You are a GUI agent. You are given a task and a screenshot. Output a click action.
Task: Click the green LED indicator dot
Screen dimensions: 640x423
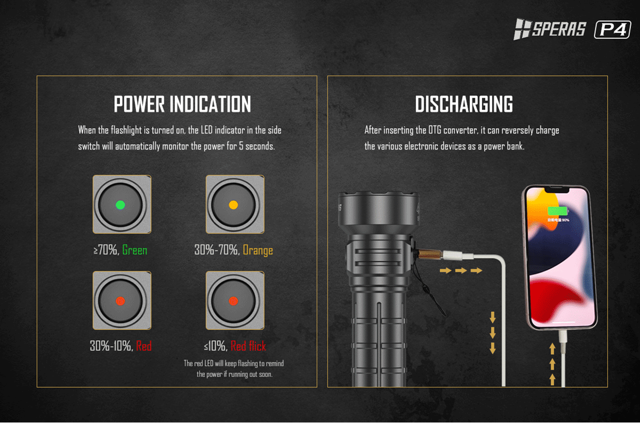click(x=121, y=205)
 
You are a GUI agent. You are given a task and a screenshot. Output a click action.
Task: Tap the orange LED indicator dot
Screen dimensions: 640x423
click(x=234, y=205)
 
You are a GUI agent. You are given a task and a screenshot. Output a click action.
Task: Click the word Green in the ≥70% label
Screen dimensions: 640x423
click(x=134, y=250)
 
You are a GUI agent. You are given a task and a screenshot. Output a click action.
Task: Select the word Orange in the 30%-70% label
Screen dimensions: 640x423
click(x=258, y=250)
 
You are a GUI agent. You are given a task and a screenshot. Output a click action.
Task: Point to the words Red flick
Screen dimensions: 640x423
click(x=248, y=346)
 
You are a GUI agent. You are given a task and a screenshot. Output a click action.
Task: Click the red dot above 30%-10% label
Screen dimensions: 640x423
click(x=121, y=301)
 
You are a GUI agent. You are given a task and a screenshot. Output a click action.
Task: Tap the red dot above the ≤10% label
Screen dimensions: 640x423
click(x=234, y=301)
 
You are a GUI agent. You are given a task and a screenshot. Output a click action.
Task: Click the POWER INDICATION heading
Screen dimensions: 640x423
click(x=182, y=104)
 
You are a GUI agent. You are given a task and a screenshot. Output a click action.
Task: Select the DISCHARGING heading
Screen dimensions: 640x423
click(x=463, y=104)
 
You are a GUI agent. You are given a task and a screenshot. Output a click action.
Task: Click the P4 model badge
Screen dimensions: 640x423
click(x=613, y=29)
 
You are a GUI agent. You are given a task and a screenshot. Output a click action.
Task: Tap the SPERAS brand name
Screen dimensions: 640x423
click(x=559, y=29)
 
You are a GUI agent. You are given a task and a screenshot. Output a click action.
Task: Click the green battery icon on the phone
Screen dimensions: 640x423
click(x=557, y=211)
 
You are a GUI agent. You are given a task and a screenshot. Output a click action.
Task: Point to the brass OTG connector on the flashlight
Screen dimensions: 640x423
click(x=430, y=254)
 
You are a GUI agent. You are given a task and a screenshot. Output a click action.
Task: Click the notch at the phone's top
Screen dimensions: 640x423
click(x=556, y=190)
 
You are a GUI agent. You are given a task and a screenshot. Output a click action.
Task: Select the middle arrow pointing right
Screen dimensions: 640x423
click(x=461, y=270)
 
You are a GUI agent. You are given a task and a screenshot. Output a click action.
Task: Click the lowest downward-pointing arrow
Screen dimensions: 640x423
click(x=493, y=348)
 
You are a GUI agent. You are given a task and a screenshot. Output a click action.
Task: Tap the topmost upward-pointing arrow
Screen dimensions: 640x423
click(x=553, y=349)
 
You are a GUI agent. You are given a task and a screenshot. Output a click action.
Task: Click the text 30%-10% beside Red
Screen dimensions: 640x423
click(x=110, y=346)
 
